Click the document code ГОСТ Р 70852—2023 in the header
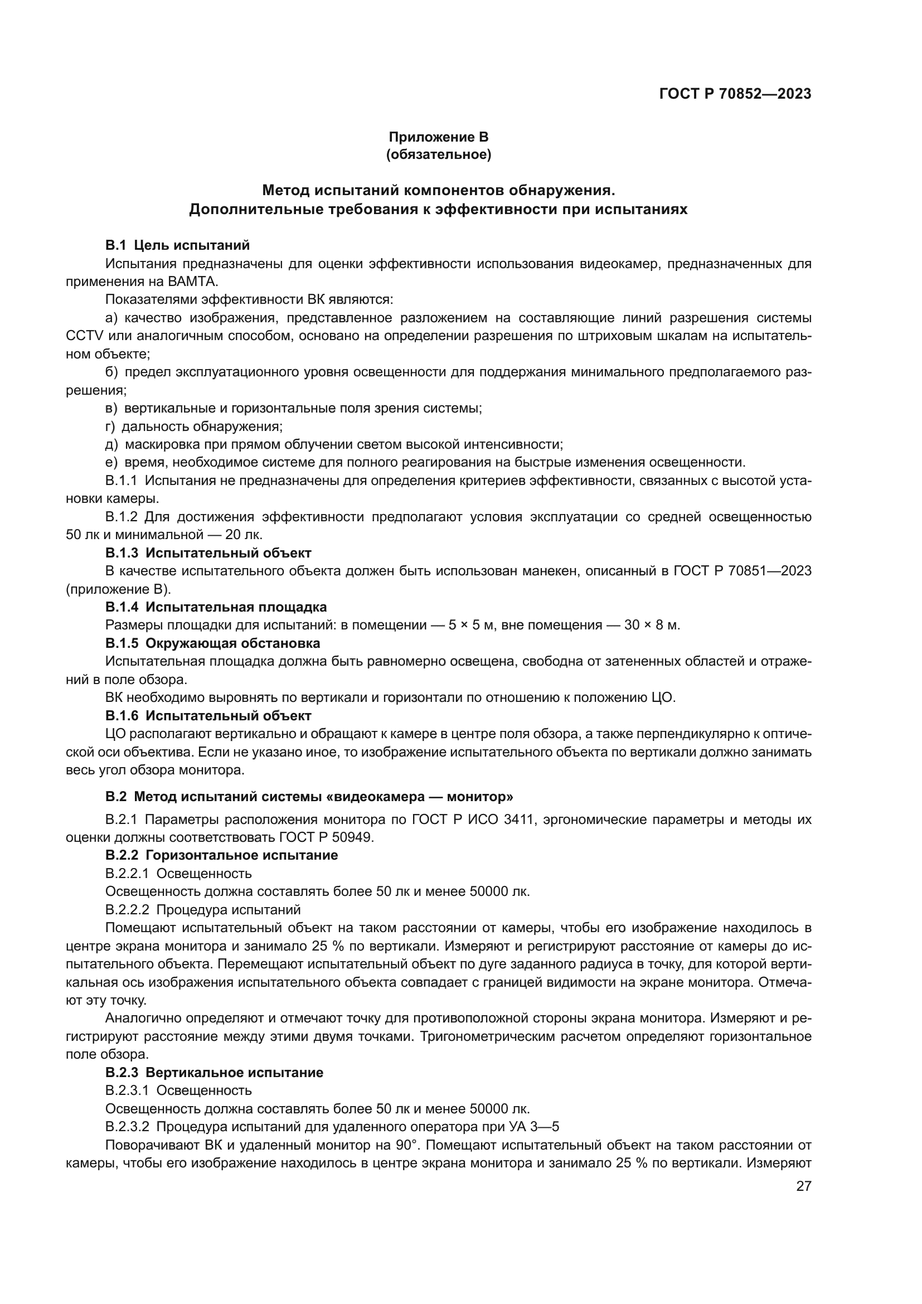click(735, 94)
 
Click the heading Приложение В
click(438, 137)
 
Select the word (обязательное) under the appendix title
click(438, 154)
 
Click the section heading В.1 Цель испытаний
click(177, 245)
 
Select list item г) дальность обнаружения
click(194, 426)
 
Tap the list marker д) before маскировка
click(111, 444)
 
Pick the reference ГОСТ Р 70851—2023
click(742, 571)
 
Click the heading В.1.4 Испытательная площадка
click(216, 607)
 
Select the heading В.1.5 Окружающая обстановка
click(212, 643)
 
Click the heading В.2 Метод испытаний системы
click(309, 796)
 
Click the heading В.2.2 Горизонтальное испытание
click(221, 855)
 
